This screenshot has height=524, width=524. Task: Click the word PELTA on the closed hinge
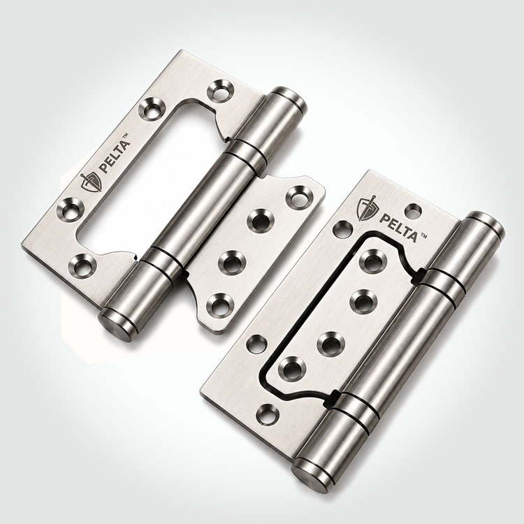tap(398, 228)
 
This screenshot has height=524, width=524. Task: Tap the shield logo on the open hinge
tap(92, 182)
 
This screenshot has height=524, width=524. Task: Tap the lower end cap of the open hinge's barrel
tap(117, 324)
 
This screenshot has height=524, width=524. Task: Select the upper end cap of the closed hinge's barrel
tap(487, 224)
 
